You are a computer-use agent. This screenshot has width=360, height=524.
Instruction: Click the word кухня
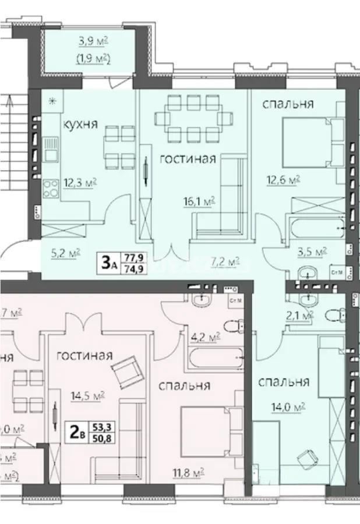[80, 123]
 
